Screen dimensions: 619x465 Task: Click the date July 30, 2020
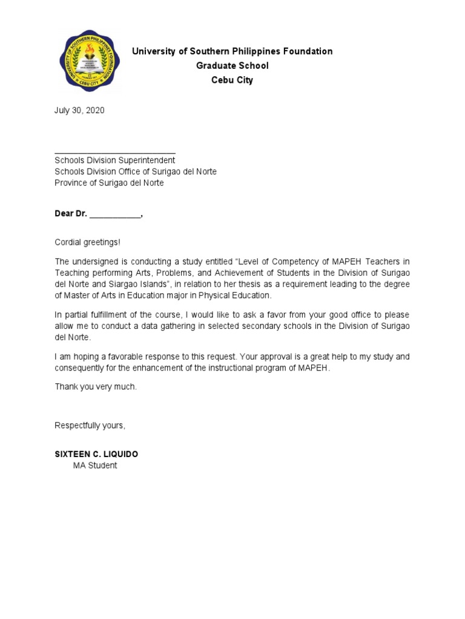pyautogui.click(x=79, y=111)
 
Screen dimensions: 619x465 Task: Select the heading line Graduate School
pyautogui.click(x=232, y=65)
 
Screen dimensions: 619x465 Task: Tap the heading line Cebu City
pyautogui.click(x=232, y=80)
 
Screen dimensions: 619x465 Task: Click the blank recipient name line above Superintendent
pyautogui.click(x=115, y=151)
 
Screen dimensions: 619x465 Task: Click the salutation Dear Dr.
pyautogui.click(x=71, y=213)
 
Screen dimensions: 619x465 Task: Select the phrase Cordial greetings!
pyautogui.click(x=88, y=242)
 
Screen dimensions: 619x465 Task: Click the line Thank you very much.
pyautogui.click(x=96, y=386)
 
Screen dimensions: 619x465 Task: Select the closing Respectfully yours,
pyautogui.click(x=90, y=426)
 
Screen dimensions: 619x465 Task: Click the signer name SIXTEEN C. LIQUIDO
pyautogui.click(x=100, y=454)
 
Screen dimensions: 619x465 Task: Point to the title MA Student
pyautogui.click(x=95, y=465)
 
